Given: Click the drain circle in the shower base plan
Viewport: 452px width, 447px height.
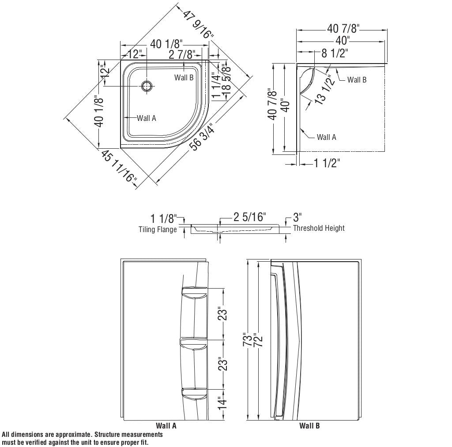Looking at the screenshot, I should tap(147, 86).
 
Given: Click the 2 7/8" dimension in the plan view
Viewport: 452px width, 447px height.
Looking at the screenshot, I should tap(182, 55).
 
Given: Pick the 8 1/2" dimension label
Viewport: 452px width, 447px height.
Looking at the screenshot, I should tap(335, 54).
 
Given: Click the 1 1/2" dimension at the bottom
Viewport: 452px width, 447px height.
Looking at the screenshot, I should tap(327, 164).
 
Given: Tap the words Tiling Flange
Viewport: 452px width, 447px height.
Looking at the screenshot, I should tap(158, 229).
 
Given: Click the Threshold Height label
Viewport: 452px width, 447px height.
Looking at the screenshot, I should tap(319, 228).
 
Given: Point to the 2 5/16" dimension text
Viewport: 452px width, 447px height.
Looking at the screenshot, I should tap(250, 217).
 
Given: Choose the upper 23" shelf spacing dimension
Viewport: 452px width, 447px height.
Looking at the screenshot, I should tap(224, 314).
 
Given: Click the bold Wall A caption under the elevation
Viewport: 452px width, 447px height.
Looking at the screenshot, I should tap(166, 426).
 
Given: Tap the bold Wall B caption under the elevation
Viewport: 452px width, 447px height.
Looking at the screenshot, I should tap(309, 426).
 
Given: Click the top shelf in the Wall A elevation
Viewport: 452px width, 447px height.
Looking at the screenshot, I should tap(194, 293).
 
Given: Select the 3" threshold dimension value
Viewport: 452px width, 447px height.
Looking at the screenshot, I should tap(297, 218).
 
